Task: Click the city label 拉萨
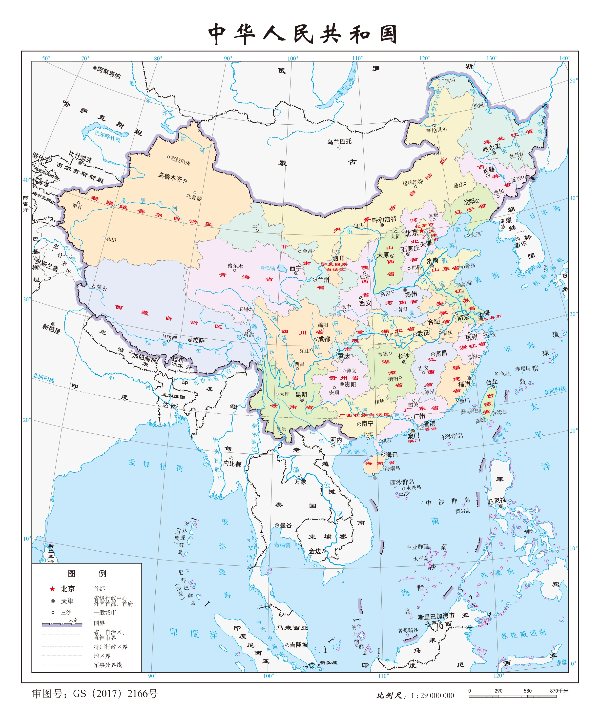click(199, 340)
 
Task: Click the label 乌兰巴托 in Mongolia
click(339, 141)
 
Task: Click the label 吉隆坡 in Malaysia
click(299, 645)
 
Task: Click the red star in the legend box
click(52, 589)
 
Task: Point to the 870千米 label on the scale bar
click(559, 691)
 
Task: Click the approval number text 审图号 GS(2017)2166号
click(95, 694)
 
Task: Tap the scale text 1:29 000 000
click(432, 696)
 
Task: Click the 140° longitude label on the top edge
click(564, 58)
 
